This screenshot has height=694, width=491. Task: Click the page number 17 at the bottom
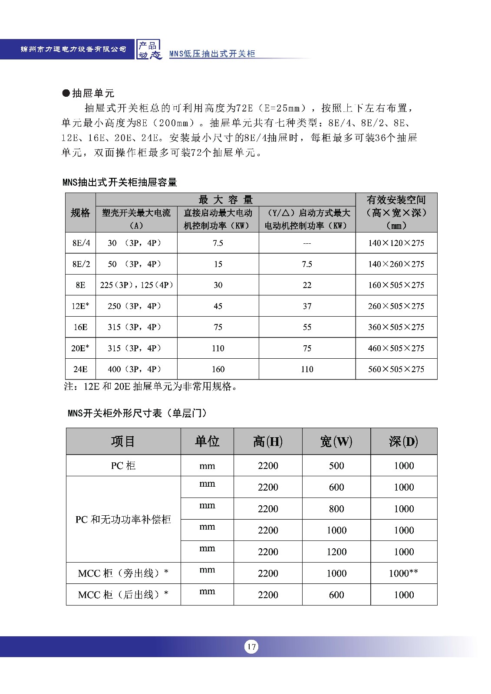point(251,647)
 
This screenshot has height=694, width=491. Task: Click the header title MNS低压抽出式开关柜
point(212,54)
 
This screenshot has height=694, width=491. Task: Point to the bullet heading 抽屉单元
point(89,93)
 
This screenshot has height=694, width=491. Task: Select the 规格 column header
point(80,213)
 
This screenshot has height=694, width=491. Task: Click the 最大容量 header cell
point(225,200)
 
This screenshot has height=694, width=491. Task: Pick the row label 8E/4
point(81,243)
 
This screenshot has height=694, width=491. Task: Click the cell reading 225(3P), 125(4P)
point(136,285)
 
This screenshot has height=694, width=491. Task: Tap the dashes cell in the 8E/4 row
point(307,243)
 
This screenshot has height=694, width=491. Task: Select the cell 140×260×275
point(396,264)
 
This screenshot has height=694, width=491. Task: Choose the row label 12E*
point(81,306)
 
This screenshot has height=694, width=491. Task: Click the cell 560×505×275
point(396,369)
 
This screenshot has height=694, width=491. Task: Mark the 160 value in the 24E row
point(218,369)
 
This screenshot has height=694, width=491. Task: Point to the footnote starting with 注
point(151,386)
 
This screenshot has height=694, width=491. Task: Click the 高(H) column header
point(268,442)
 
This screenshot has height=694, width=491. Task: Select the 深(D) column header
point(404,442)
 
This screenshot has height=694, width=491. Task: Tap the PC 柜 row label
point(123,466)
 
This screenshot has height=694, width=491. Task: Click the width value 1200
point(336,552)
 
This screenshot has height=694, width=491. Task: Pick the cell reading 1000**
point(404,573)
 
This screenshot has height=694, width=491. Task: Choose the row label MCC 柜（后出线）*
point(123,595)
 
